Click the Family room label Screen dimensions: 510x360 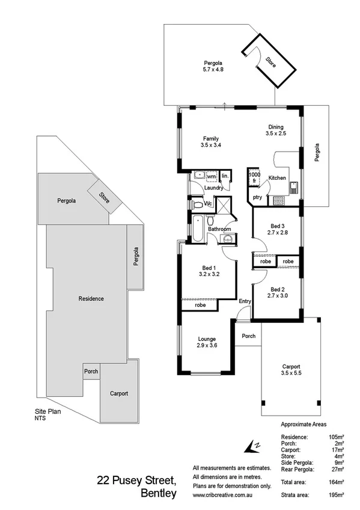pyautogui.click(x=210, y=141)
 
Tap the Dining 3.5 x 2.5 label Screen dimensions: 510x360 pyautogui.click(x=275, y=130)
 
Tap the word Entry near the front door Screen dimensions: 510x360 pyautogui.click(x=245, y=301)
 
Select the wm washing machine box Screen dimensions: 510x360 pyautogui.click(x=211, y=176)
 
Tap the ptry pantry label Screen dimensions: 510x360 pyautogui.click(x=257, y=197)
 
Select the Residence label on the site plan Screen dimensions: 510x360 pyautogui.click(x=91, y=298)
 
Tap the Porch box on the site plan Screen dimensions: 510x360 pyautogui.click(x=91, y=371)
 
